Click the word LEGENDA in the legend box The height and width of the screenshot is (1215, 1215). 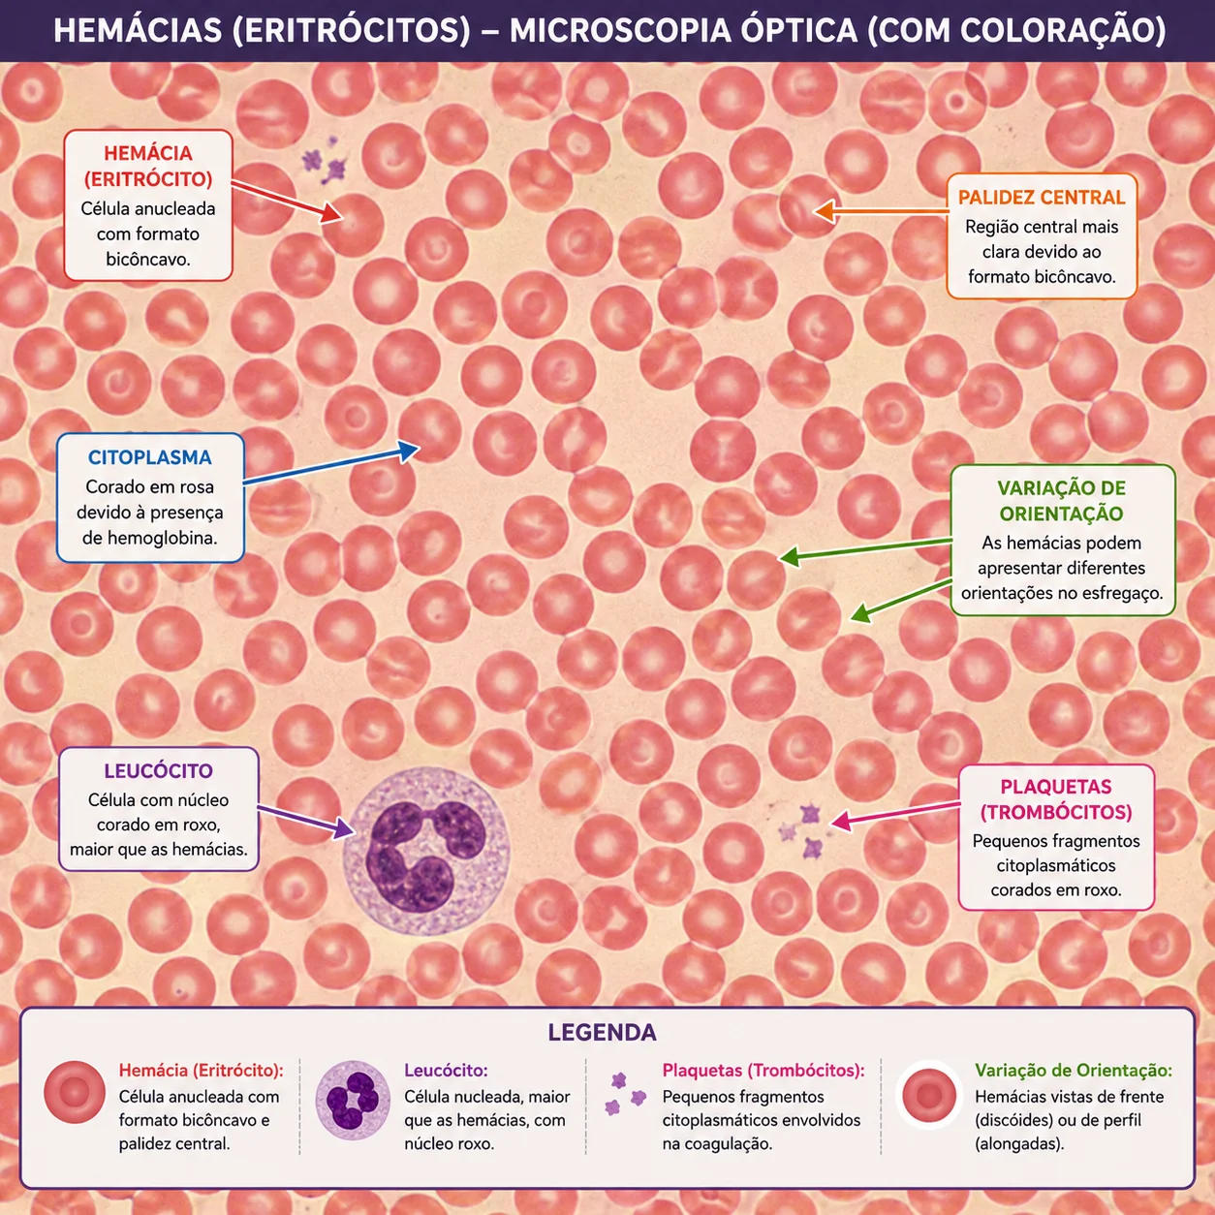coord(602,1032)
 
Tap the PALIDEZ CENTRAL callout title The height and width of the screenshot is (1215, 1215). coord(1042,198)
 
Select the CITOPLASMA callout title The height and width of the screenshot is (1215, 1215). coord(149,457)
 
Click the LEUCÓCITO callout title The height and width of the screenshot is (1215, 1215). coord(158,770)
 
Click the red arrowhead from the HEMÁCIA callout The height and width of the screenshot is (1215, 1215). coord(331,212)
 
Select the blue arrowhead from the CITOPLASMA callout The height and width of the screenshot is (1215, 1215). coord(408,451)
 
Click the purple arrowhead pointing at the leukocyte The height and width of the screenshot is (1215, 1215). coord(343,827)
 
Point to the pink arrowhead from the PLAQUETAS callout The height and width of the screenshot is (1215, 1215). coord(842,821)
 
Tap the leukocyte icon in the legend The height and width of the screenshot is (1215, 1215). coord(353,1101)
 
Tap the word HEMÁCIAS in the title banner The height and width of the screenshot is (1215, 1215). coord(139,30)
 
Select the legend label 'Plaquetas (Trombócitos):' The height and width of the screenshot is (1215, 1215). coord(763,1070)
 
